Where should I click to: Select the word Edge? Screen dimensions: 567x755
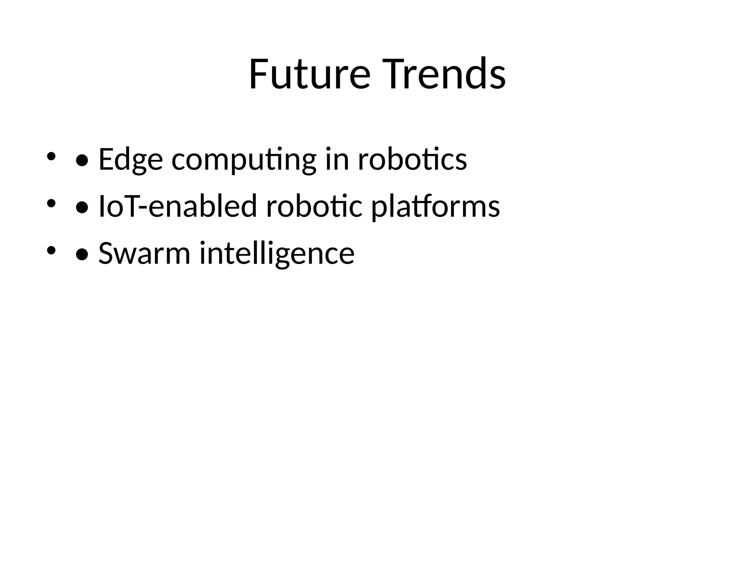pos(131,159)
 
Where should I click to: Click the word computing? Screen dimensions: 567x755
pos(244,159)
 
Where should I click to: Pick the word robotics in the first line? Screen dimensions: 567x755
pos(412,159)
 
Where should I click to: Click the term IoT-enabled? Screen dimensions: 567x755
pos(178,206)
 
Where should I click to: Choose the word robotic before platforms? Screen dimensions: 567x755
pos(314,206)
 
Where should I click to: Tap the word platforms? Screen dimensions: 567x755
pos(435,206)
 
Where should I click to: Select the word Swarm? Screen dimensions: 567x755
pos(144,254)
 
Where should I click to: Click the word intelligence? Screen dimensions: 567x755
pos(277,254)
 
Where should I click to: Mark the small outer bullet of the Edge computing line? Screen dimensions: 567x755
pos(51,157)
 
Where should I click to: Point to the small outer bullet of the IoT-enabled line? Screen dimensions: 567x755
pos(51,203)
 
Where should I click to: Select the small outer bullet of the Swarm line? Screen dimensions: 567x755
pos(51,251)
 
